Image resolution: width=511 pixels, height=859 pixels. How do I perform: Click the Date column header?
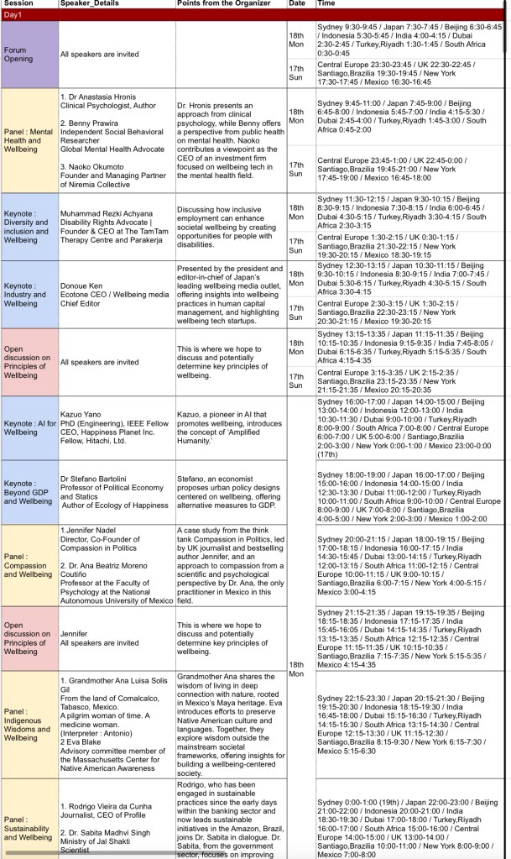coord(297,4)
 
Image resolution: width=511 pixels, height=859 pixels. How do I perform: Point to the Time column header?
coord(326,4)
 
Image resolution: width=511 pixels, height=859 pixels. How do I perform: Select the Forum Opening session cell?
coord(20,54)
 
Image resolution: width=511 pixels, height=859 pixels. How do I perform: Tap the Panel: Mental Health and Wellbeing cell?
coord(29,140)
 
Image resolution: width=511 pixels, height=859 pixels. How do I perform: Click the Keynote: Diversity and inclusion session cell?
coord(29,227)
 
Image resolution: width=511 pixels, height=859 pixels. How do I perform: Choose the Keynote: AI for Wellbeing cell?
coord(29,427)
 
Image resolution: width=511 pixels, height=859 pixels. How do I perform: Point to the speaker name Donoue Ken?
coord(83,285)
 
